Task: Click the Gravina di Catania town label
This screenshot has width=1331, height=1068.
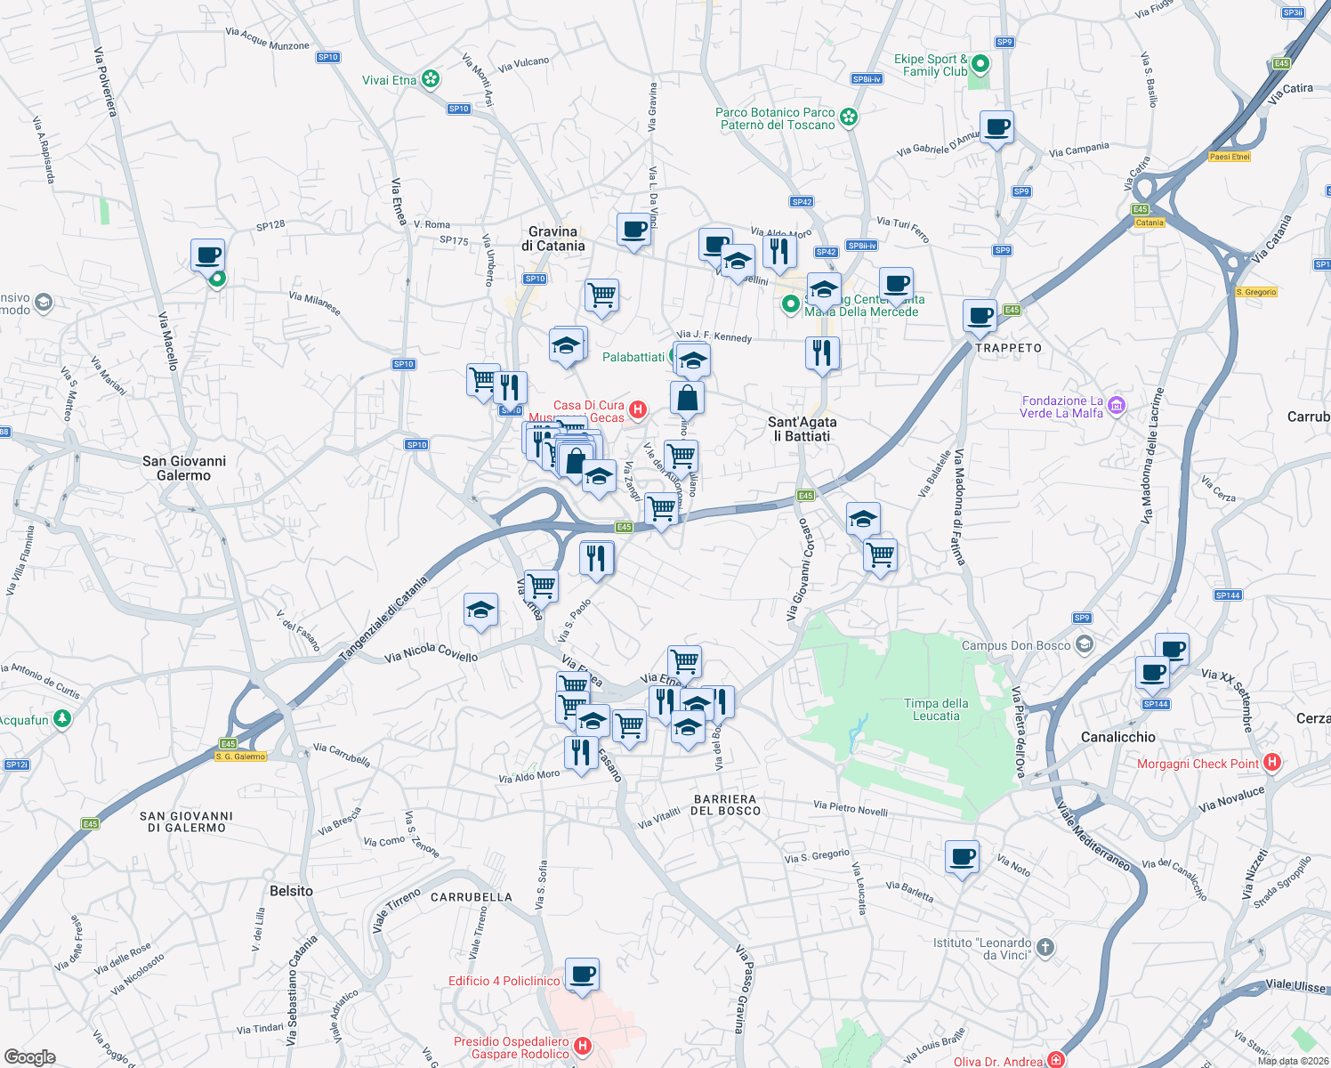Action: [553, 239]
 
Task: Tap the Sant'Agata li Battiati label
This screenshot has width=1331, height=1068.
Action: [802, 429]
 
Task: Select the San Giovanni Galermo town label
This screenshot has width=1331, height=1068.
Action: [184, 468]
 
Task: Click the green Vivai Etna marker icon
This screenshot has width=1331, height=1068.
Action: [431, 80]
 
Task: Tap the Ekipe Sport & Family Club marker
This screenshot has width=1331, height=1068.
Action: [980, 64]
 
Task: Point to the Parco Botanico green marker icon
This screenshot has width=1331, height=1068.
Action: [849, 117]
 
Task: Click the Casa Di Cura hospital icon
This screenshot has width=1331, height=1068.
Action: [637, 409]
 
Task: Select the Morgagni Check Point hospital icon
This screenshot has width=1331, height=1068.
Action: [1272, 763]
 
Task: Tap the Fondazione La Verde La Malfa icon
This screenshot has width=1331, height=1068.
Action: [1117, 408]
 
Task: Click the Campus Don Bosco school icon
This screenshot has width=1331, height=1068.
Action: [1084, 644]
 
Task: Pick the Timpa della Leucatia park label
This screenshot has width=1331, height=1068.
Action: [936, 709]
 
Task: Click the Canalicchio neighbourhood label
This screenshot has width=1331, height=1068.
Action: [1117, 737]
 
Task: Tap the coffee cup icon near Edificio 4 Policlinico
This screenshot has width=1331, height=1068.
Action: [583, 975]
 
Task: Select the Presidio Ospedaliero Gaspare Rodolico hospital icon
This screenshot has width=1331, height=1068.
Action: [583, 1046]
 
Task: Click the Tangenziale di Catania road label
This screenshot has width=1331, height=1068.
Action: [384, 619]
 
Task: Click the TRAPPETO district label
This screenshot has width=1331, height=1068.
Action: [1008, 348]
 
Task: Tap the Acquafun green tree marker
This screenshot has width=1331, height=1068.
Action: [61, 718]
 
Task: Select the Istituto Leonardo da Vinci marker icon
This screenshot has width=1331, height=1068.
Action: [1045, 948]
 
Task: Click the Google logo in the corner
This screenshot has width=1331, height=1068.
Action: [30, 1056]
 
